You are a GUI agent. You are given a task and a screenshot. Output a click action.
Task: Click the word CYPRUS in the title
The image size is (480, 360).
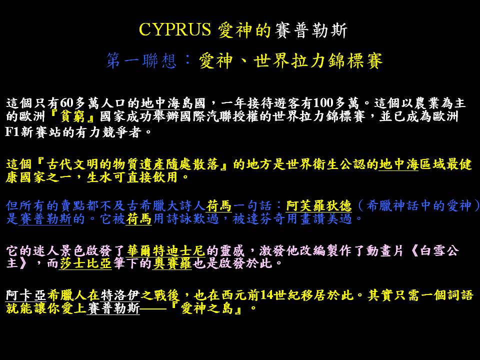point(175,29)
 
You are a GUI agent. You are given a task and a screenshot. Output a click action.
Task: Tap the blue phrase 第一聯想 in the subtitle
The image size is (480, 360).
point(141,60)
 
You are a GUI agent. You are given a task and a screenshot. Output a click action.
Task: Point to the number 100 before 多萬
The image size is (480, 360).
point(323,103)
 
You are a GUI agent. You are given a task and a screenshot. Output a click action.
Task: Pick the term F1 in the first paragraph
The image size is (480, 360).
point(12,132)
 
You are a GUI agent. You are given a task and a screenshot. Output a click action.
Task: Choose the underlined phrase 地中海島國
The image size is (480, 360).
point(173,103)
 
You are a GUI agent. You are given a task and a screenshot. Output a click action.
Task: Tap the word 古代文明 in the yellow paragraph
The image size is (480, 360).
point(72,164)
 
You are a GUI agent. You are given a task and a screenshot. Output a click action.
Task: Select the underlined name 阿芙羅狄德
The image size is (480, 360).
point(319,205)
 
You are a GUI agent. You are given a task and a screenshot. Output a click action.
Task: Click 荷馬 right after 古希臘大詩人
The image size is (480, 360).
point(218,205)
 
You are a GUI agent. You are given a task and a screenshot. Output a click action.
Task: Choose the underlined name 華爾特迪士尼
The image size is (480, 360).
point(166,251)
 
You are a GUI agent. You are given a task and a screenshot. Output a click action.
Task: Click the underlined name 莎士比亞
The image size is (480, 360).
point(85,263)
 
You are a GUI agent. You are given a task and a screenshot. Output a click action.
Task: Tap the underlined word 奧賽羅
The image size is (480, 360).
point(172,263)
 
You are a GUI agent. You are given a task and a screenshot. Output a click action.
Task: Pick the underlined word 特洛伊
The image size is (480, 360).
point(120,295)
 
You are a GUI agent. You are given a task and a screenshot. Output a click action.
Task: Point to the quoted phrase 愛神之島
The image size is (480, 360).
point(207,308)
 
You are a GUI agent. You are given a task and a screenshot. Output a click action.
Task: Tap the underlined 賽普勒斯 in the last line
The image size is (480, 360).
point(113,308)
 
